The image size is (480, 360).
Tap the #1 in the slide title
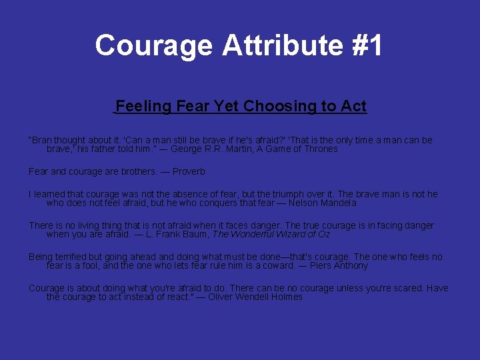(366, 45)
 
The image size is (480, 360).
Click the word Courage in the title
(153, 45)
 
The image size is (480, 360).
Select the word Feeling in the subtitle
(143, 106)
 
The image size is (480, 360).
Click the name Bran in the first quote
(41, 140)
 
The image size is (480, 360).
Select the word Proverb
(189, 171)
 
